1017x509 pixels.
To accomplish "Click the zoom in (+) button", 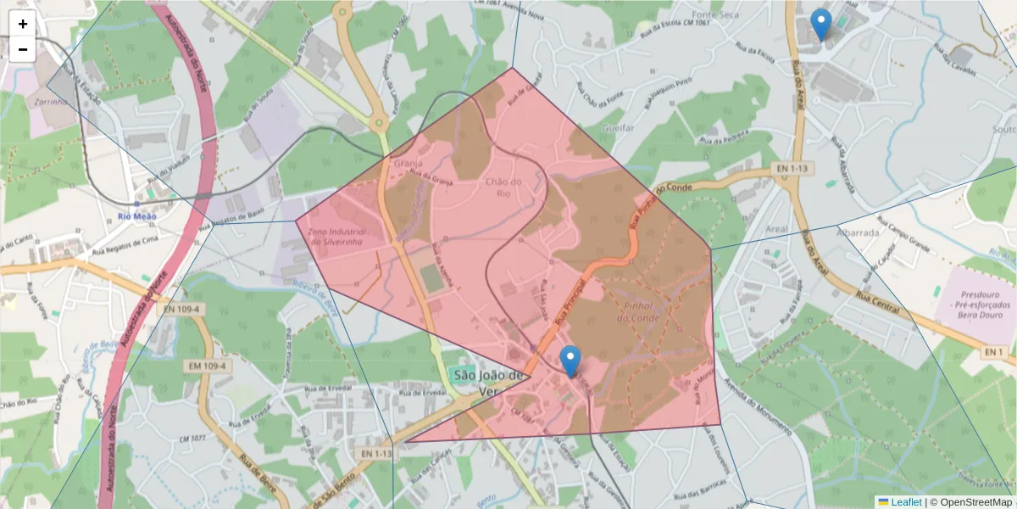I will (x=23, y=25).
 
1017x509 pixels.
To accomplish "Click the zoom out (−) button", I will (x=23, y=49).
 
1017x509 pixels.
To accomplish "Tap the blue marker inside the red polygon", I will (x=571, y=361).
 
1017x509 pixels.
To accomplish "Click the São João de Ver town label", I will (x=486, y=383).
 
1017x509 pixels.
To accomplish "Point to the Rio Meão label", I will (x=137, y=215).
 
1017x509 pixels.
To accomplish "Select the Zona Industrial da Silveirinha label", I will (x=336, y=237).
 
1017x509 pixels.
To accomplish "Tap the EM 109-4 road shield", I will (x=207, y=366).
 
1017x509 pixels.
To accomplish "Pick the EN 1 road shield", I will (x=995, y=351).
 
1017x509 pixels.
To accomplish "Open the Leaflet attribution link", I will (x=905, y=502).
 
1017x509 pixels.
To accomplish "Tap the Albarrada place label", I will (x=858, y=232).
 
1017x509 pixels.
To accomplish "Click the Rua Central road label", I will (x=877, y=303).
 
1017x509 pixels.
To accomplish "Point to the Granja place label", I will (x=408, y=162).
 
